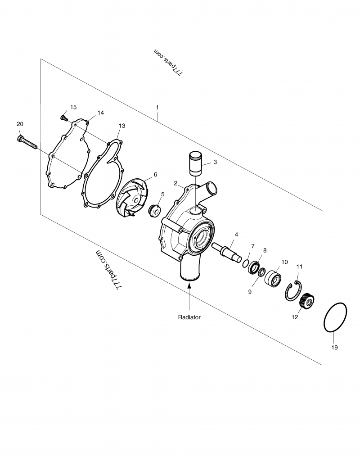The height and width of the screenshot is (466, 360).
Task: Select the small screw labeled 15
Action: pyautogui.click(x=63, y=118)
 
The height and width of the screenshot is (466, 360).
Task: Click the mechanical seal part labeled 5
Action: pyautogui.click(x=155, y=210)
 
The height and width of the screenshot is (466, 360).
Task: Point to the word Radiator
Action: pyautogui.click(x=189, y=317)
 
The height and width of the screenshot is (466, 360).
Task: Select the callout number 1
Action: pyautogui.click(x=157, y=108)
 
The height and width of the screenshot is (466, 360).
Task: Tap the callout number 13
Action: pyautogui.click(x=122, y=126)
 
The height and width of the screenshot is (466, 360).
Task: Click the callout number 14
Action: pyautogui.click(x=100, y=113)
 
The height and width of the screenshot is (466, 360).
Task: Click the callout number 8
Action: pyautogui.click(x=265, y=250)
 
